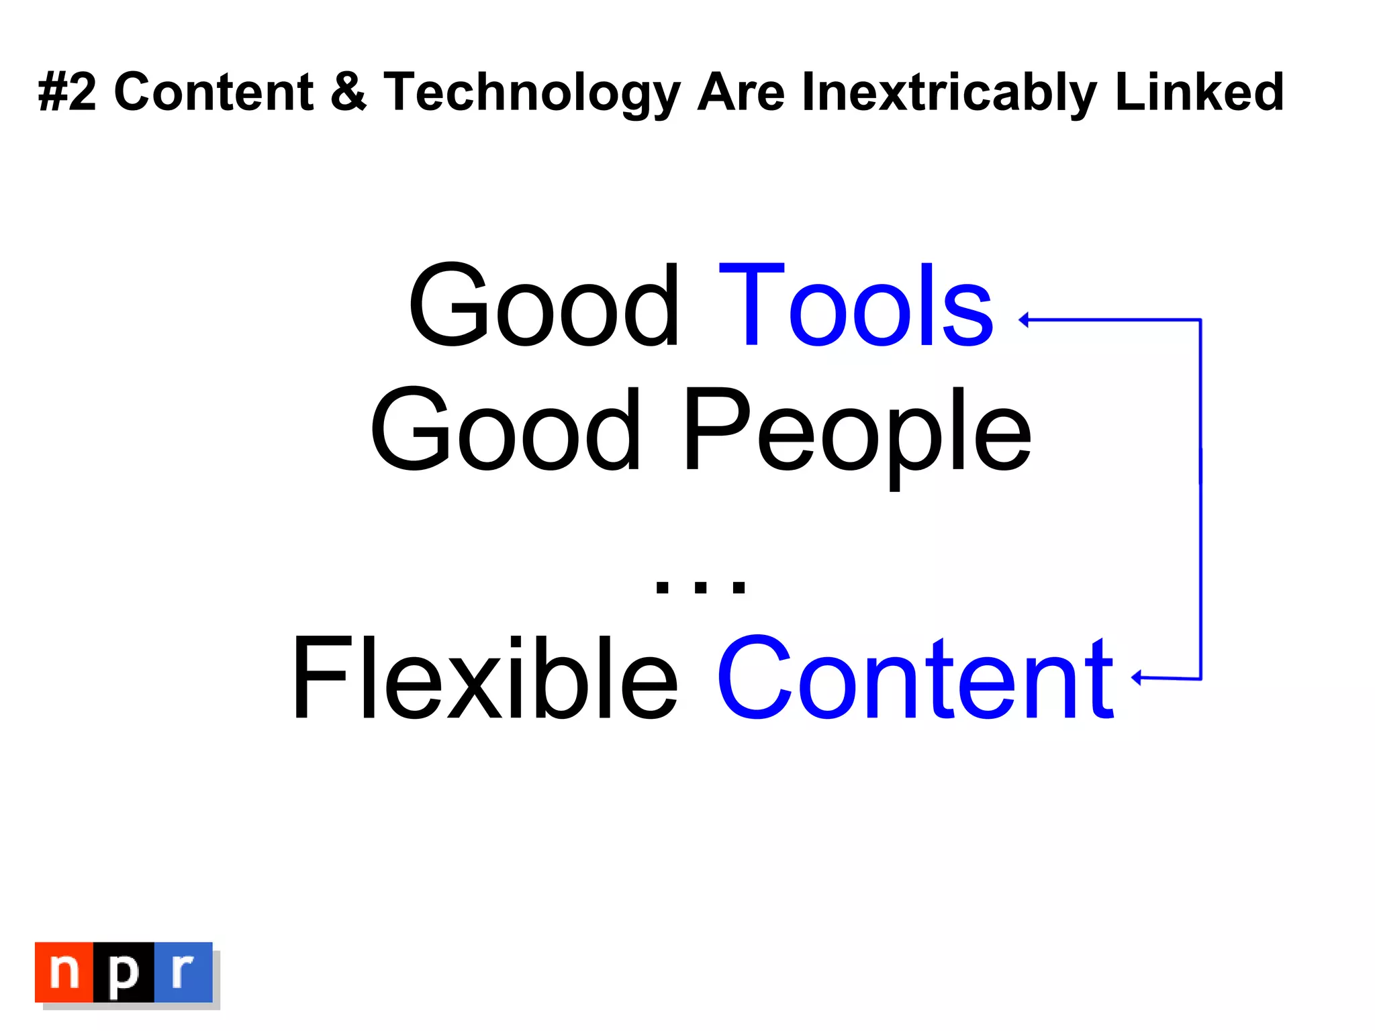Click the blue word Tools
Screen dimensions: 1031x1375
[x=855, y=306]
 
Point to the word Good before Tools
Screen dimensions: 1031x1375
[x=544, y=306]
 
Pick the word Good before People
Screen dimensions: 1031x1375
[x=505, y=430]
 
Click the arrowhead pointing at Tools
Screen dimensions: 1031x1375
[x=1024, y=320]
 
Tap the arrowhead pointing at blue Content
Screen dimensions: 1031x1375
[x=1136, y=678]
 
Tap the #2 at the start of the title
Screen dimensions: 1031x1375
[x=67, y=92]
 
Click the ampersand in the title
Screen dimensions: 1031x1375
[x=348, y=92]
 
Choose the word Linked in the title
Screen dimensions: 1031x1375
[x=1199, y=92]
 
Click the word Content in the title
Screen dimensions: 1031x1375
[x=214, y=92]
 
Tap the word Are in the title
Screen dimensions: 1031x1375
[x=741, y=92]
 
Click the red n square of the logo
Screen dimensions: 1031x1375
[x=64, y=972]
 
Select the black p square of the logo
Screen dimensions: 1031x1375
[x=124, y=972]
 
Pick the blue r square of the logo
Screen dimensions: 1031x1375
[x=183, y=972]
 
